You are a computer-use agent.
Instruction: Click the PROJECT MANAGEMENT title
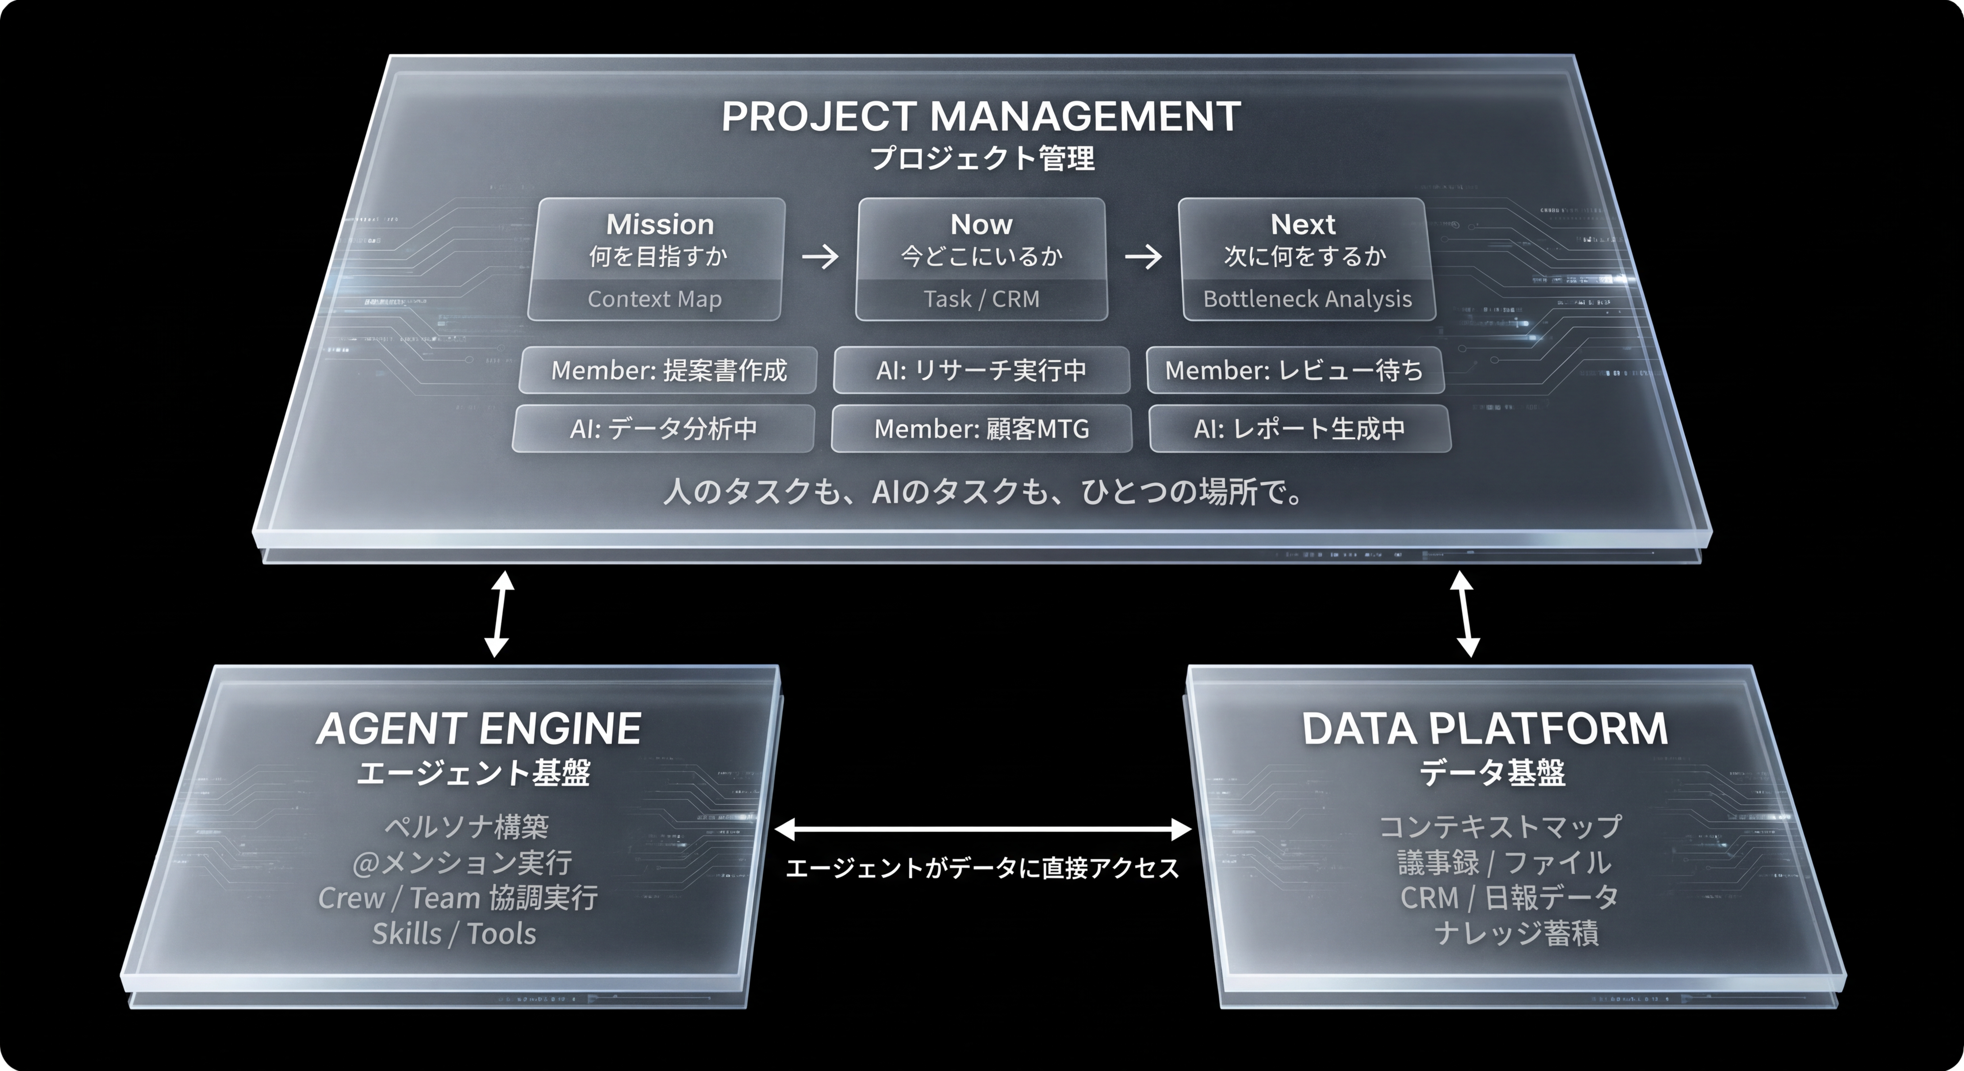[981, 117]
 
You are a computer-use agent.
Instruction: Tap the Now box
[981, 259]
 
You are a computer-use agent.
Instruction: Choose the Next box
[1307, 259]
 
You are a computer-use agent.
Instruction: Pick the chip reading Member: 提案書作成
[668, 371]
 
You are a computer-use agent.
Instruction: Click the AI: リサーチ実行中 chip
[981, 371]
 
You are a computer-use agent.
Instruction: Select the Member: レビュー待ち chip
[1296, 371]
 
